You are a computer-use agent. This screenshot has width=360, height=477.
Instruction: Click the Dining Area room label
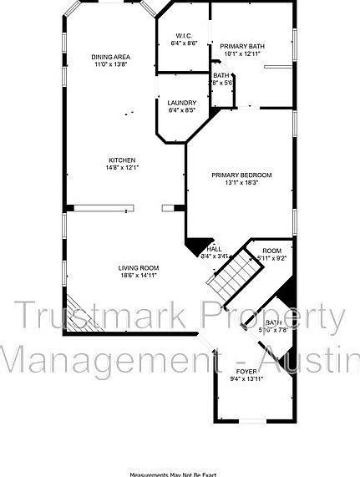pyautogui.click(x=111, y=57)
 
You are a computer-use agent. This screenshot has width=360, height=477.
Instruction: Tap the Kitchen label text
pyautogui.click(x=122, y=160)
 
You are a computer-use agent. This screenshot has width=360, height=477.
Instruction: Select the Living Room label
pyautogui.click(x=139, y=267)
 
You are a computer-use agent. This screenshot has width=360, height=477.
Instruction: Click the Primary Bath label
pyautogui.click(x=242, y=46)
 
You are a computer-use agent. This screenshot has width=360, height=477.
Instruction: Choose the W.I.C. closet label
pyautogui.click(x=183, y=35)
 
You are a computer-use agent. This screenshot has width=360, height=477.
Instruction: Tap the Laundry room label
pyautogui.click(x=181, y=103)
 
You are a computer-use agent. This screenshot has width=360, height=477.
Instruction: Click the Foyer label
pyautogui.click(x=246, y=370)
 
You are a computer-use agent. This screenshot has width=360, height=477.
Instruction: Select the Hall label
pyautogui.click(x=215, y=248)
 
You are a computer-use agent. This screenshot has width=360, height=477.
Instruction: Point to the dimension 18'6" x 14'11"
pyautogui.click(x=139, y=275)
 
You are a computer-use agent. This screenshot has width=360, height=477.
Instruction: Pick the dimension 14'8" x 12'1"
pyautogui.click(x=122, y=168)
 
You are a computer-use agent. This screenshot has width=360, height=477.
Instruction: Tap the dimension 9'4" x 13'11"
pyautogui.click(x=246, y=378)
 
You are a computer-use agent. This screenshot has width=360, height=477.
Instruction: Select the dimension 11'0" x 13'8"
pyautogui.click(x=111, y=64)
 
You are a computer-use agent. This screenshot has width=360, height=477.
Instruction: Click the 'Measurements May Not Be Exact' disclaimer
pyautogui.click(x=179, y=473)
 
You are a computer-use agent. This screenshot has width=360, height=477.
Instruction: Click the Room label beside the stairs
pyautogui.click(x=272, y=251)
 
